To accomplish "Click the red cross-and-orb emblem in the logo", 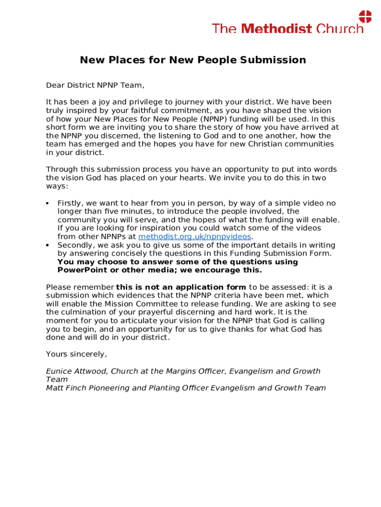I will [365, 16].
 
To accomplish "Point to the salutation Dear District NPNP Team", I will [95, 85].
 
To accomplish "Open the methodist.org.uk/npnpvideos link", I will [194, 237].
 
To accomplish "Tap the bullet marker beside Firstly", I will [48, 203].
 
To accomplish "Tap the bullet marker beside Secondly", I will [48, 245].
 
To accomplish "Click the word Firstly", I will [70, 203].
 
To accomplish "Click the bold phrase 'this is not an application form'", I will [181, 287].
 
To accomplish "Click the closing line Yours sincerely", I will [76, 354].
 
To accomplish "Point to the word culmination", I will [84, 312].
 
